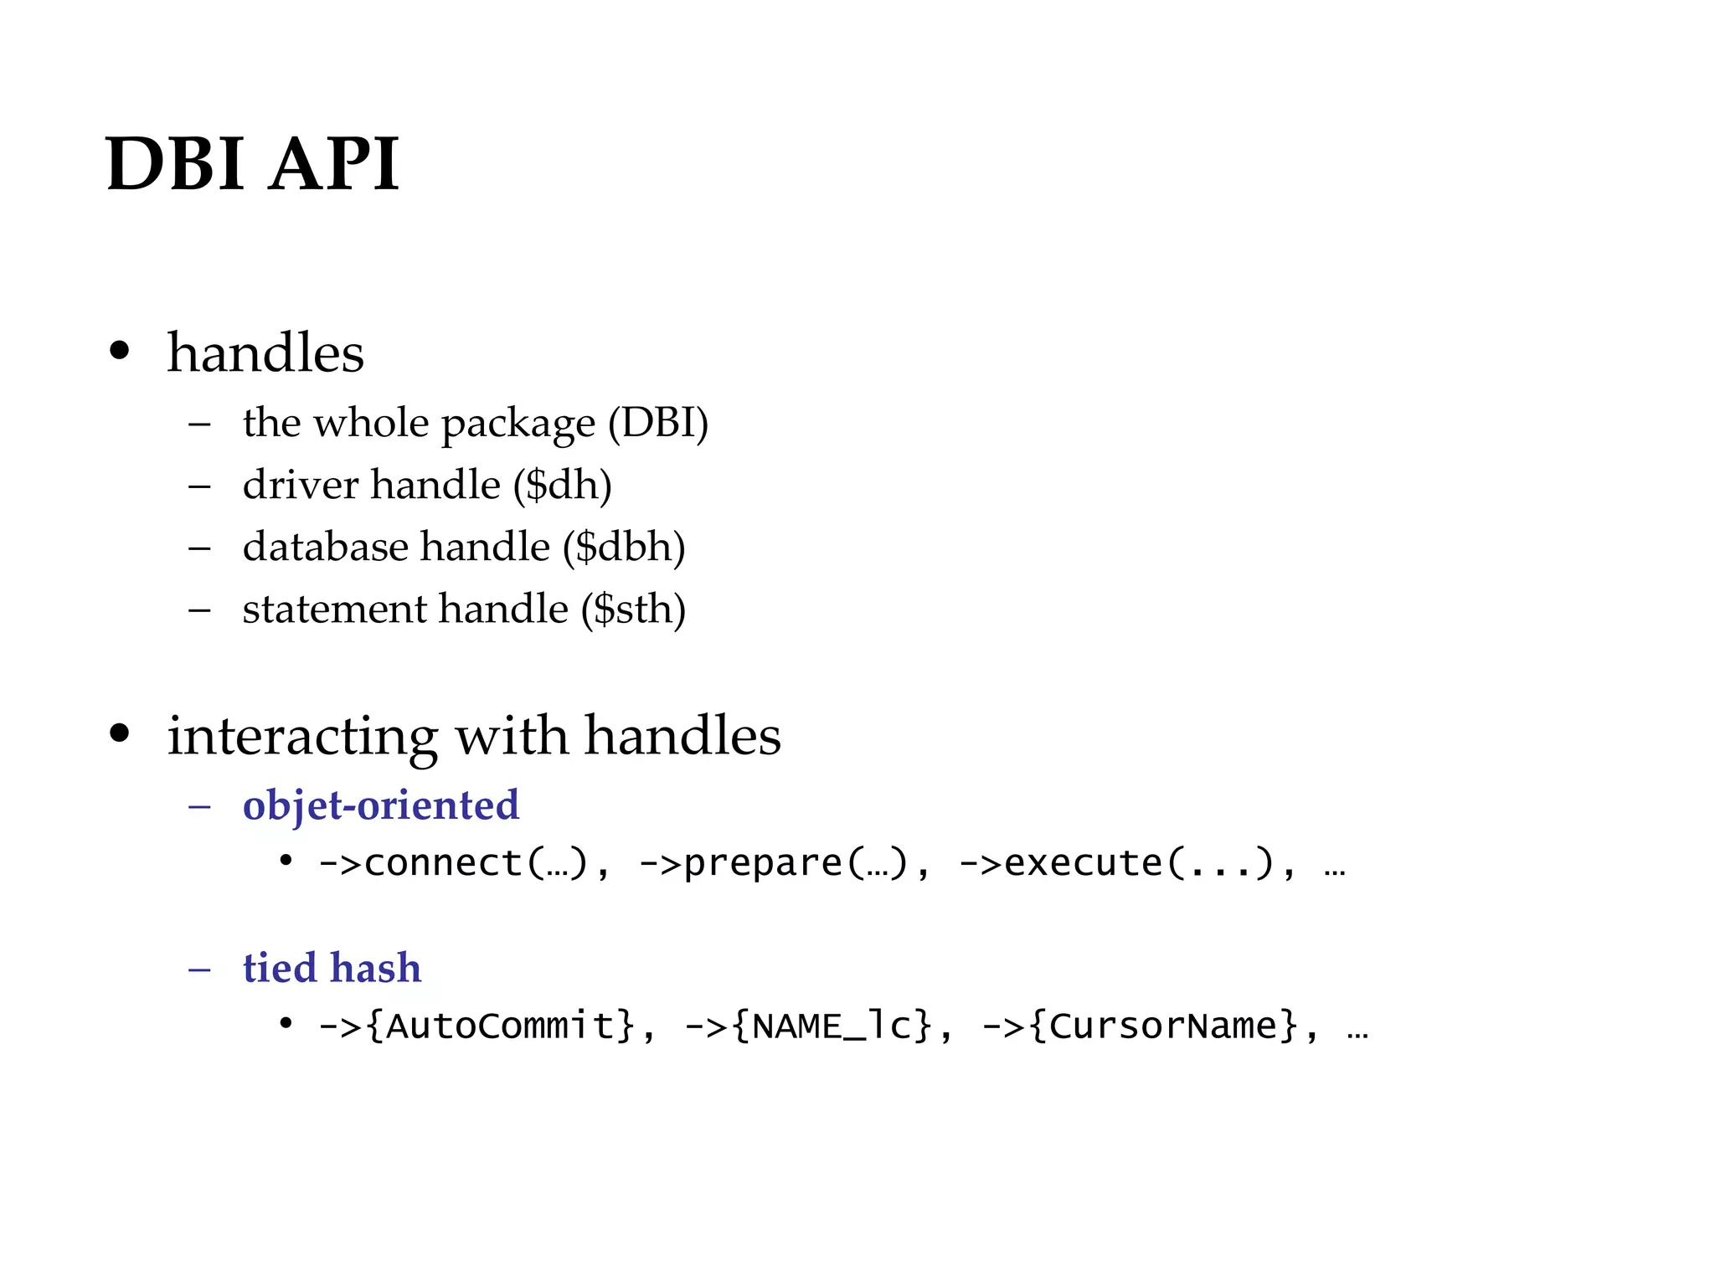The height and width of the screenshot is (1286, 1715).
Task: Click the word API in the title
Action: (335, 163)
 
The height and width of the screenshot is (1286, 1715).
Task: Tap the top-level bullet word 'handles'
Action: (265, 352)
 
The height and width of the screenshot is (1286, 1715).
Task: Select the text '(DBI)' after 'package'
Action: (658, 423)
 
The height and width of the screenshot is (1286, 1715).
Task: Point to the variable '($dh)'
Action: (562, 486)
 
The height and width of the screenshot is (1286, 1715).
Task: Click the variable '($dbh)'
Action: (624, 548)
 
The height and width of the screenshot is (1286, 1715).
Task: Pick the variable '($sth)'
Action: (633, 610)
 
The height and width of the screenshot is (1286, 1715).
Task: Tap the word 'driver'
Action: (301, 486)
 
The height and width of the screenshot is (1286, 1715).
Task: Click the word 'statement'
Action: (335, 610)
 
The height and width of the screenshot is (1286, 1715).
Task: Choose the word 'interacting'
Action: (302, 737)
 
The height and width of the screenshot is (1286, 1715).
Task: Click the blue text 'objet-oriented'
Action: (381, 805)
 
